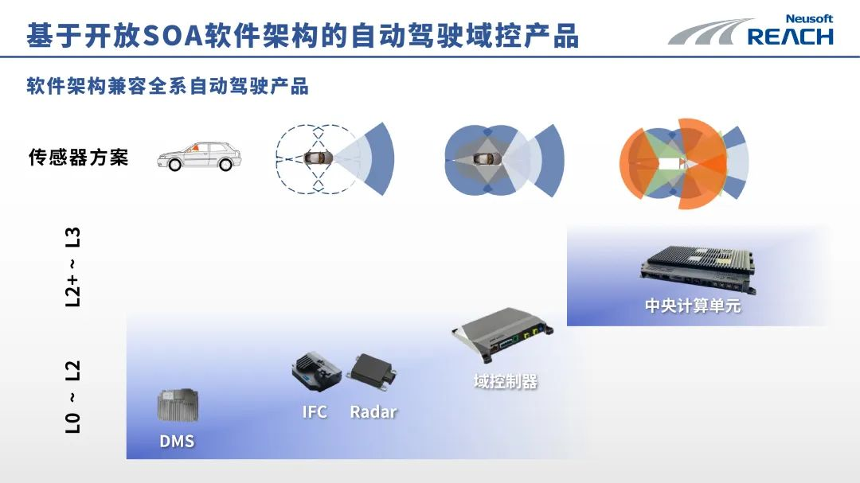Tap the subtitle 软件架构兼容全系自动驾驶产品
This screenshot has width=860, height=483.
tap(167, 86)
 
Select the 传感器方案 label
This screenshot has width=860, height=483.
tap(78, 157)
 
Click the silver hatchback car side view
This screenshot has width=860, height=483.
tap(199, 154)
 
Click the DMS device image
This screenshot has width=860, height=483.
tap(177, 406)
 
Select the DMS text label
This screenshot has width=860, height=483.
tap(177, 441)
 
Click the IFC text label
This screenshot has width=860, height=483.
tap(315, 411)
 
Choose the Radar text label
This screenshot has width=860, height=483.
tap(373, 411)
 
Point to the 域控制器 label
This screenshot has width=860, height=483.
tap(506, 382)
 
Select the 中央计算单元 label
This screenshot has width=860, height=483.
tap(693, 306)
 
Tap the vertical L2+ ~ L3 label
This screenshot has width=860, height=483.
tap(72, 267)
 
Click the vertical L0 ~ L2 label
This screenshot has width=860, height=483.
tap(72, 396)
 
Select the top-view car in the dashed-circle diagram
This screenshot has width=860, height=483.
tap(317, 158)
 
